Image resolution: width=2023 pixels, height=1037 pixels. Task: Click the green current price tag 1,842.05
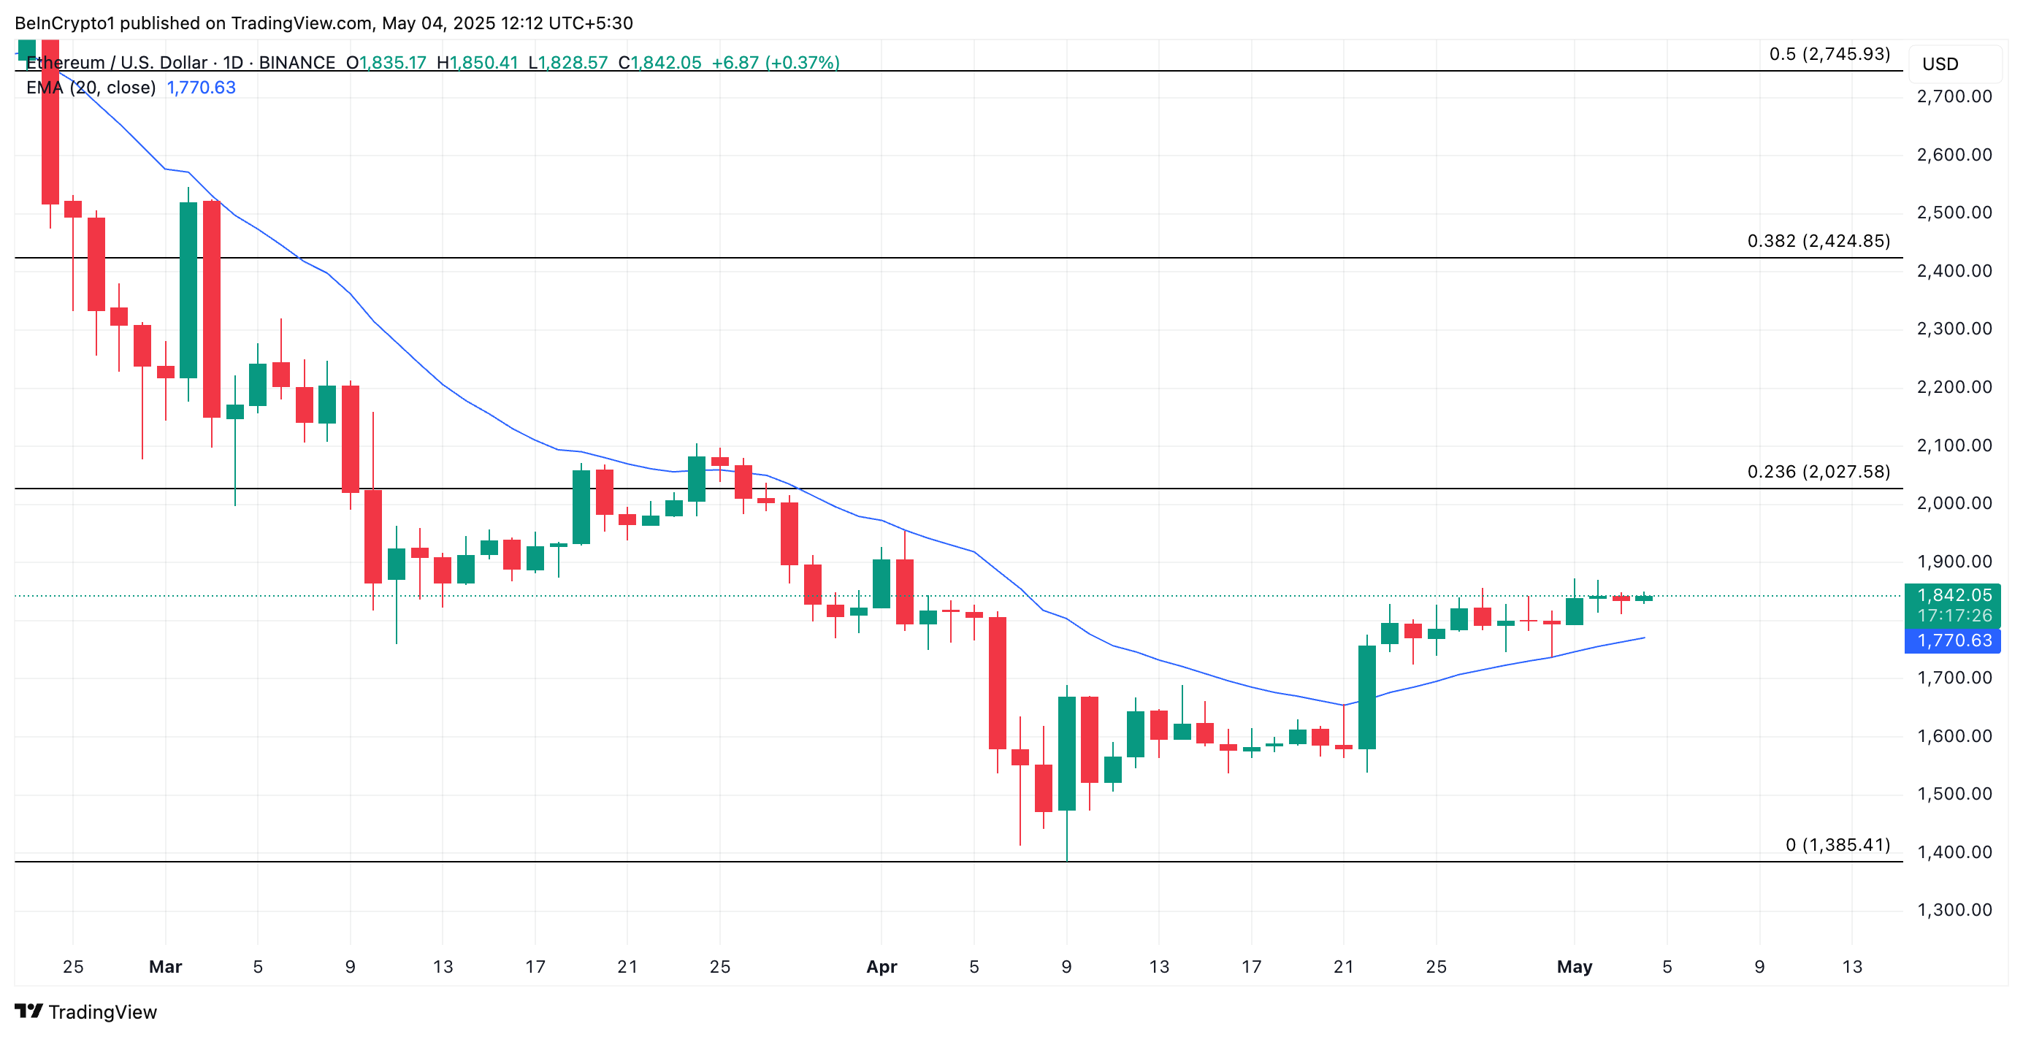(x=1952, y=595)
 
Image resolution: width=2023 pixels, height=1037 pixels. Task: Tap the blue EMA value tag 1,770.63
(x=1952, y=640)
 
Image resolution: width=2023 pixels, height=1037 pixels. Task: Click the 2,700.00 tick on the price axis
(x=1954, y=96)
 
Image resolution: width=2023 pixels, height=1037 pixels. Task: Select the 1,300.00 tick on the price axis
(x=1954, y=910)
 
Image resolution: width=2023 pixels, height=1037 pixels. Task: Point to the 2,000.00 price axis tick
(x=1954, y=503)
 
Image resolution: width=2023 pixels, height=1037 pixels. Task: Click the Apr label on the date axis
(x=881, y=966)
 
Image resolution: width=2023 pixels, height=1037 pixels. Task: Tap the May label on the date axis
(x=1574, y=966)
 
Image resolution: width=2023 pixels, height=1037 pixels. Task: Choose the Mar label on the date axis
(x=165, y=966)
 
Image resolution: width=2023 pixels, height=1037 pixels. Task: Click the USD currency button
(x=1940, y=64)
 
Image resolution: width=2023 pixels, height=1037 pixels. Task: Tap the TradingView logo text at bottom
(x=102, y=1012)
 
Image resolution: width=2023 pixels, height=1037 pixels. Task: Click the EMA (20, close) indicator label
(x=91, y=87)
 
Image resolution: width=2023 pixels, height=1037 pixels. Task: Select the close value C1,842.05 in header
(x=659, y=62)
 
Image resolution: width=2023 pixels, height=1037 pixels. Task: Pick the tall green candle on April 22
(x=1366, y=697)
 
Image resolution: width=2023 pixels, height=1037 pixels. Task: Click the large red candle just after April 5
(x=998, y=683)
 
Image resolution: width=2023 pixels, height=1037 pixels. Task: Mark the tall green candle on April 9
(x=1066, y=754)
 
